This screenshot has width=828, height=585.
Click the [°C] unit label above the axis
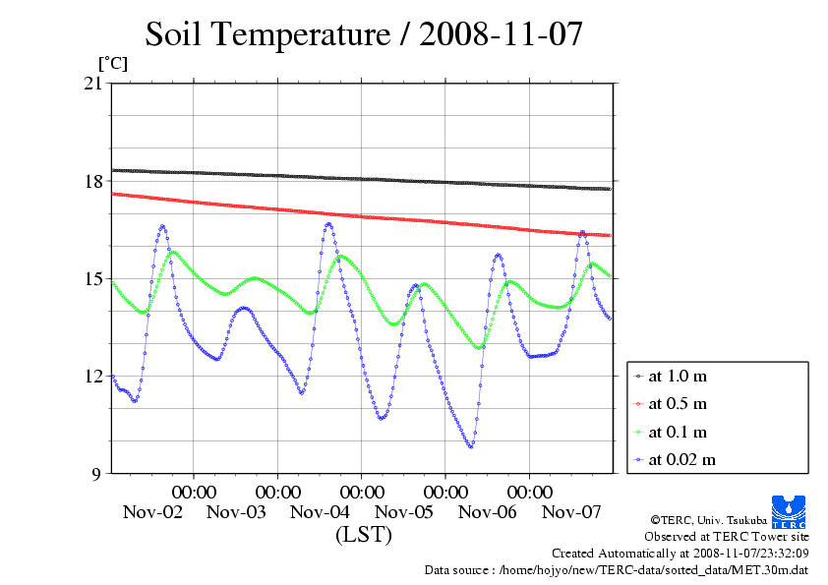(x=111, y=62)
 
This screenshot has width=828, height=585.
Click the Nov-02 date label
(x=152, y=511)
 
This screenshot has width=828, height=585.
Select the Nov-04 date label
(x=321, y=511)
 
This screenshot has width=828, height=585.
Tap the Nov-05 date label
(x=404, y=511)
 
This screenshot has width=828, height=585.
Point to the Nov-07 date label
(x=572, y=511)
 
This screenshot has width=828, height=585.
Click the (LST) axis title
(x=363, y=535)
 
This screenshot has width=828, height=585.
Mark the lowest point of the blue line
(x=470, y=446)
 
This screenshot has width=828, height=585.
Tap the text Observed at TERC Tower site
(x=727, y=537)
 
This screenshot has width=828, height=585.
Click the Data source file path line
(x=616, y=569)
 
